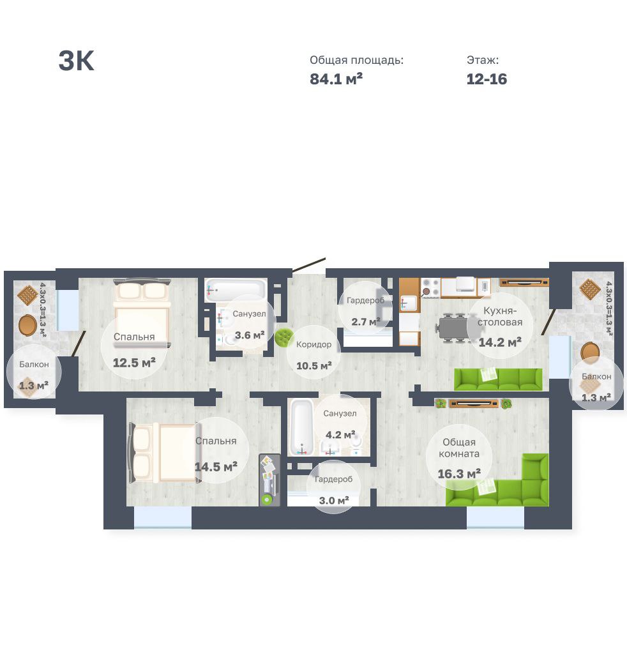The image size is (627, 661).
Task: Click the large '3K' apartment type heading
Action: (x=76, y=61)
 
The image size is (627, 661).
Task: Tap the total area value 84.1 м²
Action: (x=336, y=79)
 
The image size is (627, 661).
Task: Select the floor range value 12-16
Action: (x=487, y=79)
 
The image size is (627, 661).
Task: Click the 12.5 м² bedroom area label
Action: (x=134, y=363)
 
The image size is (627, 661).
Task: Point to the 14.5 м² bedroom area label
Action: (x=216, y=467)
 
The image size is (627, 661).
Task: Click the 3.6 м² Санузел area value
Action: (x=250, y=335)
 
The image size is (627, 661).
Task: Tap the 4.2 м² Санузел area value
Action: (x=340, y=434)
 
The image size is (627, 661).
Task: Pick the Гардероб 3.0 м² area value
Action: (x=334, y=501)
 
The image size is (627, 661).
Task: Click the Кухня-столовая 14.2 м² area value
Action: (x=500, y=342)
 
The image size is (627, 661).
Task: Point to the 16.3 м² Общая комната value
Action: (x=459, y=474)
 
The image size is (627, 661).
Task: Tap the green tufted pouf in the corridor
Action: (x=283, y=337)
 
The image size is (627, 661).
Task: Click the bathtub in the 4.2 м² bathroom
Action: (x=302, y=427)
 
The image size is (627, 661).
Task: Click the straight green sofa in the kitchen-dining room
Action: (x=498, y=379)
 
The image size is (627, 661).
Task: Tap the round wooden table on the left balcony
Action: (x=28, y=324)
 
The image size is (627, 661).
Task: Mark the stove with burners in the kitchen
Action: (x=430, y=287)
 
